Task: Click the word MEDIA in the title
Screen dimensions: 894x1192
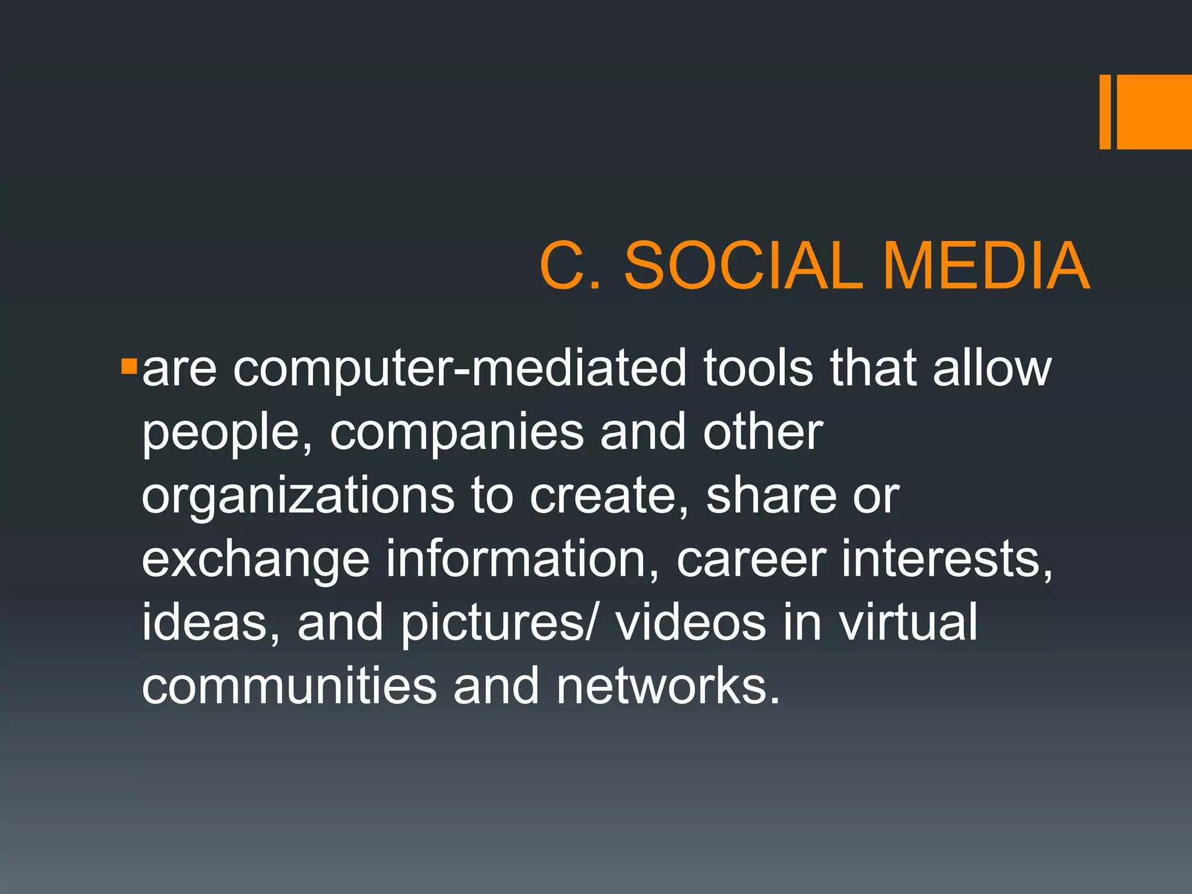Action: click(986, 266)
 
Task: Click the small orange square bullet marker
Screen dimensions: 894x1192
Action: click(129, 367)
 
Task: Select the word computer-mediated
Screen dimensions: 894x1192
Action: click(460, 370)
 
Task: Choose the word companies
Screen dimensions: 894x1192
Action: click(457, 434)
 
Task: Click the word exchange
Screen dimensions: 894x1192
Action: click(256, 561)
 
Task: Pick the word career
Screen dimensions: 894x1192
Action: click(751, 561)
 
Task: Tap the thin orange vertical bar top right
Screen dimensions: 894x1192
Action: click(1105, 112)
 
